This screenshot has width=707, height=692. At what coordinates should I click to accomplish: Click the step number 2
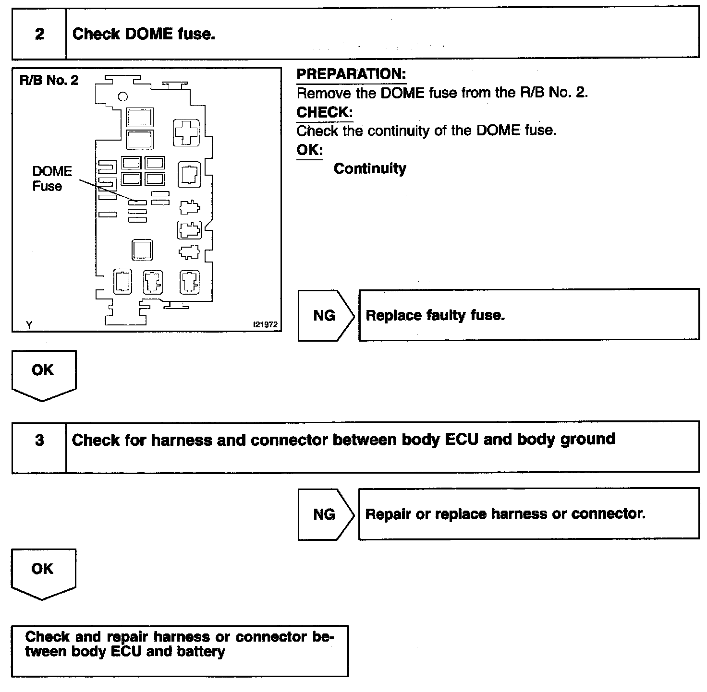39,34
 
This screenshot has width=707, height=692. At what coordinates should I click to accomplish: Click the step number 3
39,440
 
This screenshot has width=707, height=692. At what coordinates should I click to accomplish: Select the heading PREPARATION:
351,74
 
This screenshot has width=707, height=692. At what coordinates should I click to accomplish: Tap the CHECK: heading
324,112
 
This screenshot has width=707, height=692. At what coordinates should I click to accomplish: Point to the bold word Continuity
370,168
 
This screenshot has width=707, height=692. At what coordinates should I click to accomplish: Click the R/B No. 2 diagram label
49,80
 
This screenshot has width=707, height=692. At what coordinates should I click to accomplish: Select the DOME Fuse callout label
51,179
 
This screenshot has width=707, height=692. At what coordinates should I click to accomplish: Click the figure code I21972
265,325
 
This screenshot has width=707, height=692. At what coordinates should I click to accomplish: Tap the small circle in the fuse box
123,96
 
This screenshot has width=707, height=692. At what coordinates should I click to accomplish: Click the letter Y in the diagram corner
29,325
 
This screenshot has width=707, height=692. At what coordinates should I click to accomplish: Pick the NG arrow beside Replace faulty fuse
325,315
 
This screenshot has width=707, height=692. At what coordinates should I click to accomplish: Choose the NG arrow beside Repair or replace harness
325,514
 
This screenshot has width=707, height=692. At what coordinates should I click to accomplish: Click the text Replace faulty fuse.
435,315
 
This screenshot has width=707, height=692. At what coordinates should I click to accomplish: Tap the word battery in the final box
201,652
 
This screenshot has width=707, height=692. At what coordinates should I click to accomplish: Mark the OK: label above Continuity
309,150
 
